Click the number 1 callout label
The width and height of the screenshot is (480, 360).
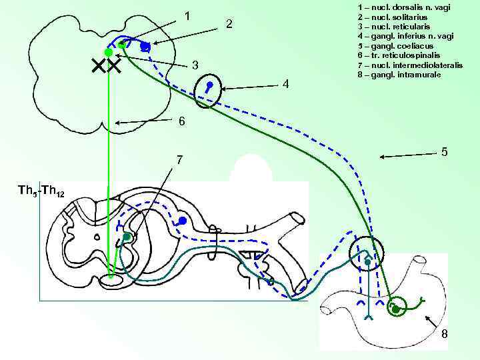tap(188, 15)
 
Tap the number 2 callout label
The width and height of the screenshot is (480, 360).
tap(229, 25)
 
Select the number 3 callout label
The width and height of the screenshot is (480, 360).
tap(195, 65)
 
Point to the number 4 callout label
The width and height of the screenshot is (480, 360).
tap(285, 84)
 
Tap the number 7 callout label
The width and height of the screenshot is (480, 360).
tap(179, 160)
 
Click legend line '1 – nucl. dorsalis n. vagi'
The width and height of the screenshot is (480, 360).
tap(403, 7)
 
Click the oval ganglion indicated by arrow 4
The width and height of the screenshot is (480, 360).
tap(209, 90)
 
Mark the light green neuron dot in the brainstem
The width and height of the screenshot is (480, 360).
tap(107, 53)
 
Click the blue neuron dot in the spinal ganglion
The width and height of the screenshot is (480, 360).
tap(182, 221)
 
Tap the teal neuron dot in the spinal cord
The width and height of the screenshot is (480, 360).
tap(126, 237)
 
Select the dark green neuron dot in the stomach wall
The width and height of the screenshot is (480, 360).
tap(395, 309)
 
